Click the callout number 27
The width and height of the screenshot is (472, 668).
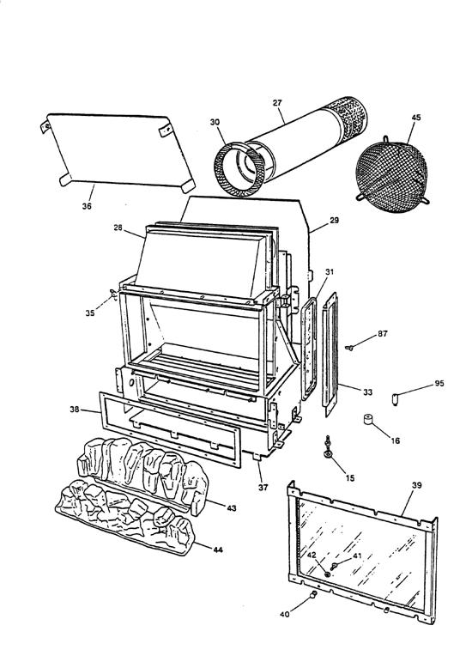(x=277, y=104)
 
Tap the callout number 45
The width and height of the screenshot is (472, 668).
(x=415, y=118)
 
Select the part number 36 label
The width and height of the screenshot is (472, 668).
(x=87, y=206)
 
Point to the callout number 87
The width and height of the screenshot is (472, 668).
(x=382, y=333)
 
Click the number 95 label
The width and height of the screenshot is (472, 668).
(x=439, y=383)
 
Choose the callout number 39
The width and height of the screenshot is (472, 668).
(x=416, y=485)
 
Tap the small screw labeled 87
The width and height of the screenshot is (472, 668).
(x=353, y=347)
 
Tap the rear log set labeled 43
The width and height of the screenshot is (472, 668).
(x=142, y=463)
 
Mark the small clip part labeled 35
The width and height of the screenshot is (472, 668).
(x=112, y=296)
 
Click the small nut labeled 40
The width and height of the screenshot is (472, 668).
(x=315, y=594)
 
